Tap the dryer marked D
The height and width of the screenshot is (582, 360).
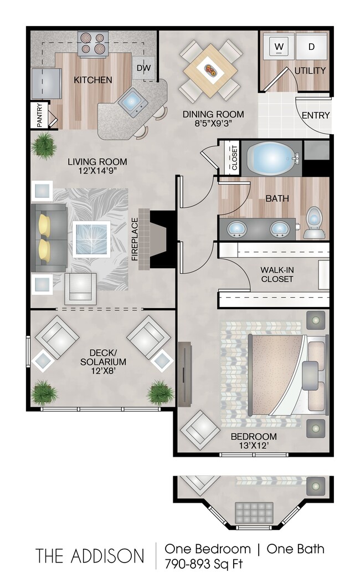tap(311, 47)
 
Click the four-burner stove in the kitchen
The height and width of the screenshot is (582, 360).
tap(92, 43)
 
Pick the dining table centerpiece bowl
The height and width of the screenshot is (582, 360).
tap(212, 70)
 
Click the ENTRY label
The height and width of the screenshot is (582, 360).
tap(316, 115)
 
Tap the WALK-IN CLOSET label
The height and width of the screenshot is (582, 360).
tap(277, 274)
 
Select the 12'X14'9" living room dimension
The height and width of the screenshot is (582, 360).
tap(97, 172)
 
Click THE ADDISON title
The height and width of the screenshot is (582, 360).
tap(90, 555)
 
